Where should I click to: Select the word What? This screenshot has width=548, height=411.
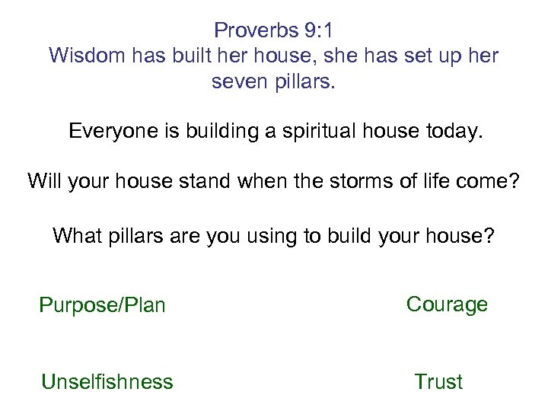coord(75,236)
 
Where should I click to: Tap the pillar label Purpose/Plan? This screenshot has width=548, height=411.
coord(102,305)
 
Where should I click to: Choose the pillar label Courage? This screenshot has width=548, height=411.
coord(447,304)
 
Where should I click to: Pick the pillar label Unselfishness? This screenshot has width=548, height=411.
coord(107,381)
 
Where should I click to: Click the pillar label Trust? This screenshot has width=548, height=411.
coord(438,381)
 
